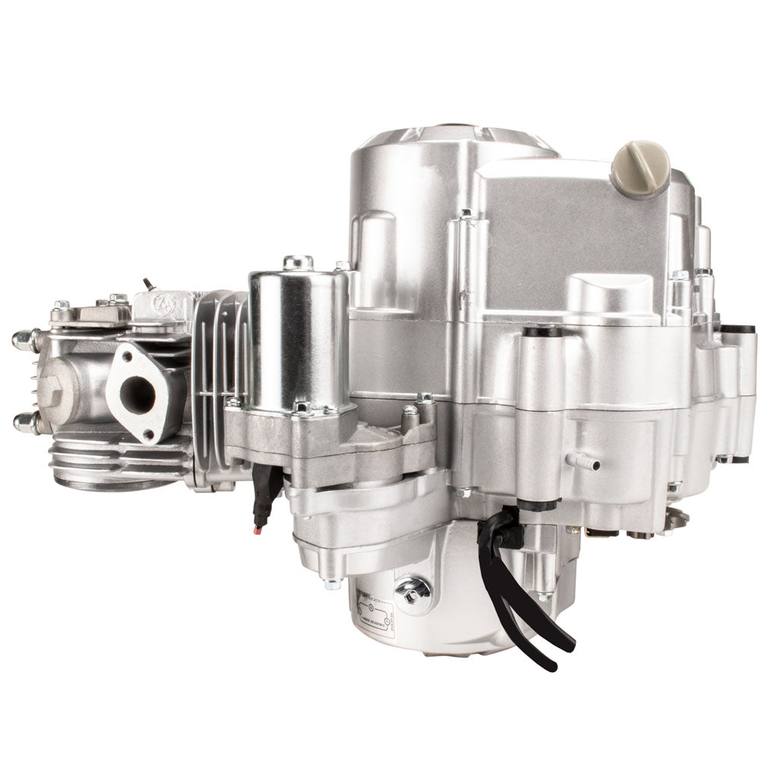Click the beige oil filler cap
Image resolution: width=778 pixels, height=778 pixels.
pyautogui.click(x=640, y=169)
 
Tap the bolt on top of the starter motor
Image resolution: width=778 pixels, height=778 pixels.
pyautogui.click(x=298, y=262)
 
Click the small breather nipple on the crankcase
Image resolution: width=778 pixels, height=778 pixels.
pyautogui.click(x=589, y=462)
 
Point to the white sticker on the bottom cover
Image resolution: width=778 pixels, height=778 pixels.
pyautogui.click(x=374, y=612)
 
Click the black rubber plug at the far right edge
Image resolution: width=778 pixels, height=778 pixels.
pyautogui.click(x=737, y=329)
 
